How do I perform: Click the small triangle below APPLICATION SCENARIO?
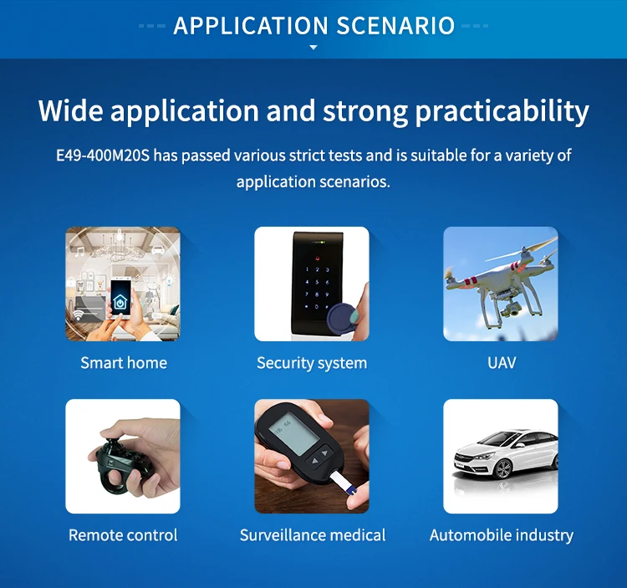(x=313, y=47)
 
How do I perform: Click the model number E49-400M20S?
(x=103, y=156)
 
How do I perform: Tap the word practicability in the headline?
(x=502, y=111)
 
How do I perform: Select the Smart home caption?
(x=124, y=363)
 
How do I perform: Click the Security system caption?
(x=312, y=363)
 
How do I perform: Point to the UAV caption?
(x=502, y=363)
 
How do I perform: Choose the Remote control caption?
(x=123, y=535)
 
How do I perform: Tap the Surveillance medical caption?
(x=313, y=535)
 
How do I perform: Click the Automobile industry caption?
(x=502, y=535)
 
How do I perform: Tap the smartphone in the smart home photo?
(x=120, y=297)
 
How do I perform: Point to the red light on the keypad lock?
(x=318, y=258)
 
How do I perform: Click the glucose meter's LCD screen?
(x=293, y=432)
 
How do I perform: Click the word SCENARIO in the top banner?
(x=395, y=26)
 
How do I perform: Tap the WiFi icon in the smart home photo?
(x=79, y=315)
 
